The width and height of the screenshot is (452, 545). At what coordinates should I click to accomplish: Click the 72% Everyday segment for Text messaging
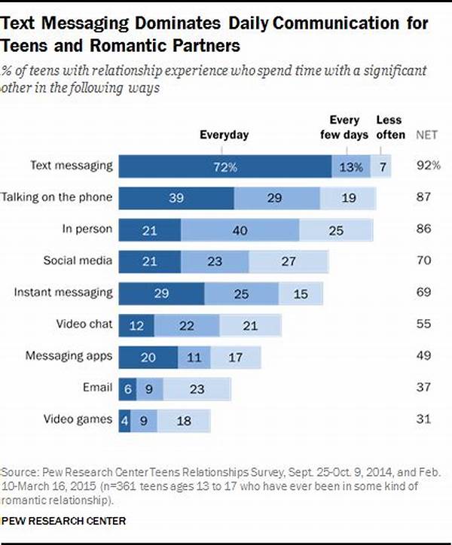225,166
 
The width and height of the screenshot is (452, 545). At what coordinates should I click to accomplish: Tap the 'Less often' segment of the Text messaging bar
381,166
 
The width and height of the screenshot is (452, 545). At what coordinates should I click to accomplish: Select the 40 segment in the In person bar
240,230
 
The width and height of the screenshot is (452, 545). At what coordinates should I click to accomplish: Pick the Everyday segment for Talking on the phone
176,198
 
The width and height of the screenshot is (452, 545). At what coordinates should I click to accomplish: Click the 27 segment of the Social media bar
289,261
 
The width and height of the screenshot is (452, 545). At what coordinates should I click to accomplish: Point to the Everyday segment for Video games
124,421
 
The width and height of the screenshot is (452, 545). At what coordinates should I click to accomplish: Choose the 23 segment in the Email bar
197,389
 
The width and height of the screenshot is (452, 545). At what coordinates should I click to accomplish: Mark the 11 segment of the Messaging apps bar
194,358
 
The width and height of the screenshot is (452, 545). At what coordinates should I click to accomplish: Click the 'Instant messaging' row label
63,293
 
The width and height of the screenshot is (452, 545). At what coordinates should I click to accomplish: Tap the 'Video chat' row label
84,324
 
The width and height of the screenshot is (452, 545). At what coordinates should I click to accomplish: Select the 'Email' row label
98,387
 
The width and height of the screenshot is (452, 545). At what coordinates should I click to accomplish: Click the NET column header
426,135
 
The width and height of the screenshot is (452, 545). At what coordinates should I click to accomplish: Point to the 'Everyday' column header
224,135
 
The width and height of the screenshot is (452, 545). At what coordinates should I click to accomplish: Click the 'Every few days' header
344,127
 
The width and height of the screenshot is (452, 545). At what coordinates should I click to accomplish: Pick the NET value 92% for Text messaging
429,165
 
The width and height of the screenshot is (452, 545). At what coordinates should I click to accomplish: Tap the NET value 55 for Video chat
424,324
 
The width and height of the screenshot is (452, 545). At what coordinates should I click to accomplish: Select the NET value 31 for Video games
424,419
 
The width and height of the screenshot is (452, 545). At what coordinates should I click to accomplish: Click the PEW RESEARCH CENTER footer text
64,521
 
